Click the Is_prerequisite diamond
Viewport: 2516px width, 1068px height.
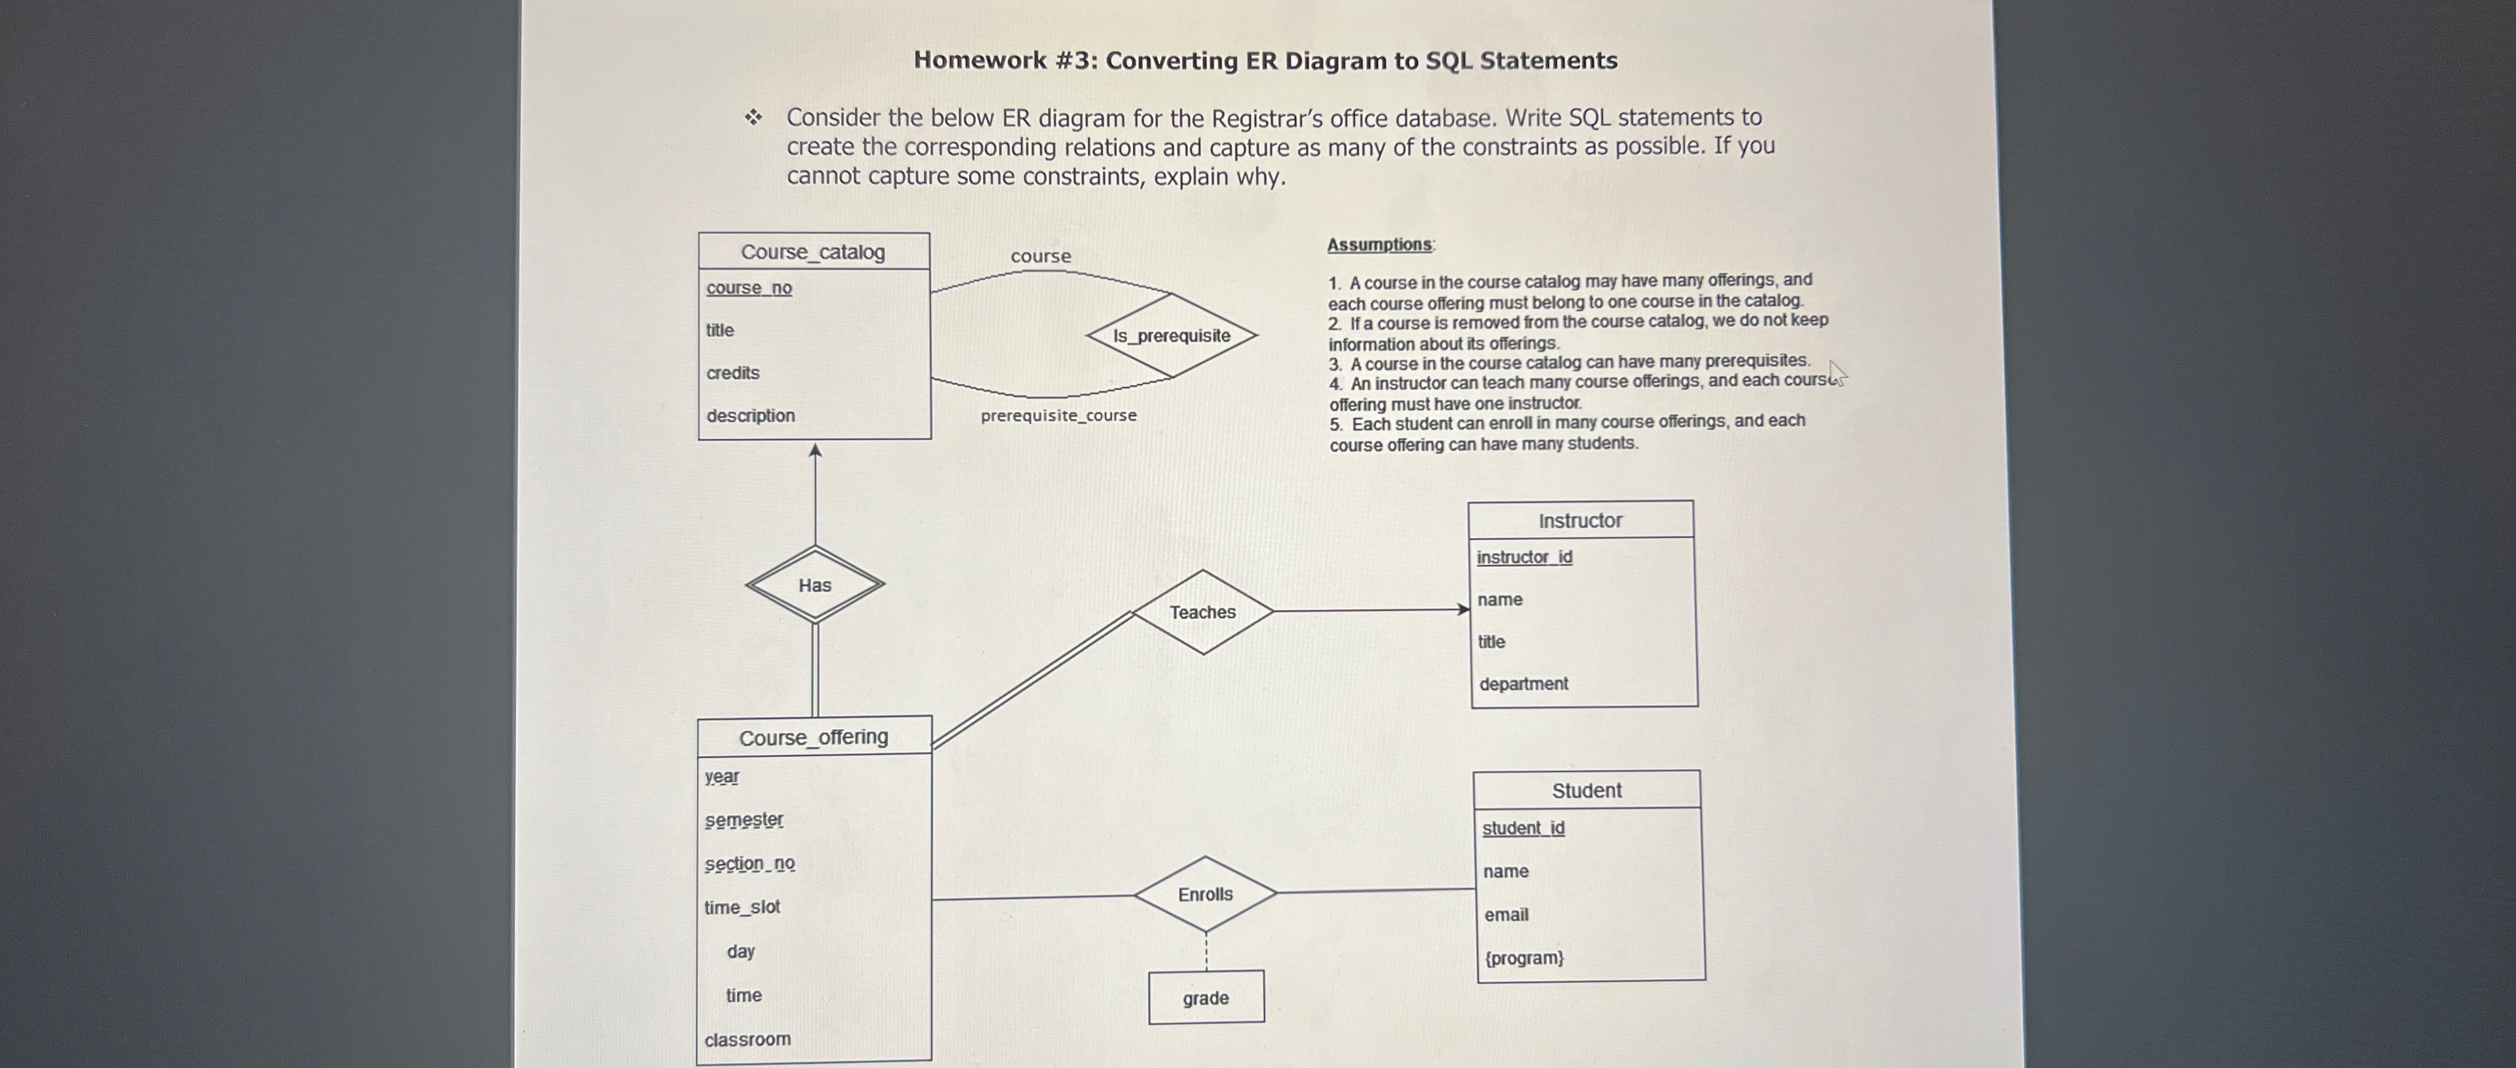click(x=1171, y=336)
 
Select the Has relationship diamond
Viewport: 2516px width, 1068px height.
click(x=815, y=585)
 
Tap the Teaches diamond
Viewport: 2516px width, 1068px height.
click(x=1202, y=612)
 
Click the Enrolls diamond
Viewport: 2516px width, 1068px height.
click(x=1206, y=894)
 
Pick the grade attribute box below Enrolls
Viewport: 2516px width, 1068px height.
click(x=1206, y=998)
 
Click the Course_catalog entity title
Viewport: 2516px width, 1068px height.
click(x=813, y=252)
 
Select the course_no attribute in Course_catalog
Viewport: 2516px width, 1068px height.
click(x=749, y=288)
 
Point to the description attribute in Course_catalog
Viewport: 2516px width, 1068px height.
click(x=750, y=416)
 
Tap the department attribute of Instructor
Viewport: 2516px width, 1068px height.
click(x=1522, y=684)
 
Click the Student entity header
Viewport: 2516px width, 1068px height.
click(x=1586, y=791)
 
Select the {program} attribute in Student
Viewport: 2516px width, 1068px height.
click(x=1524, y=958)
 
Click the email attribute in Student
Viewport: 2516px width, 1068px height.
click(x=1505, y=915)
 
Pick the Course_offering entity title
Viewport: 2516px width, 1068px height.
click(x=813, y=737)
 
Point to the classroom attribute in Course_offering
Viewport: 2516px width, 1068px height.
click(x=747, y=1040)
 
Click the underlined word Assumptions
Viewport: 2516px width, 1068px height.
click(x=1379, y=245)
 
